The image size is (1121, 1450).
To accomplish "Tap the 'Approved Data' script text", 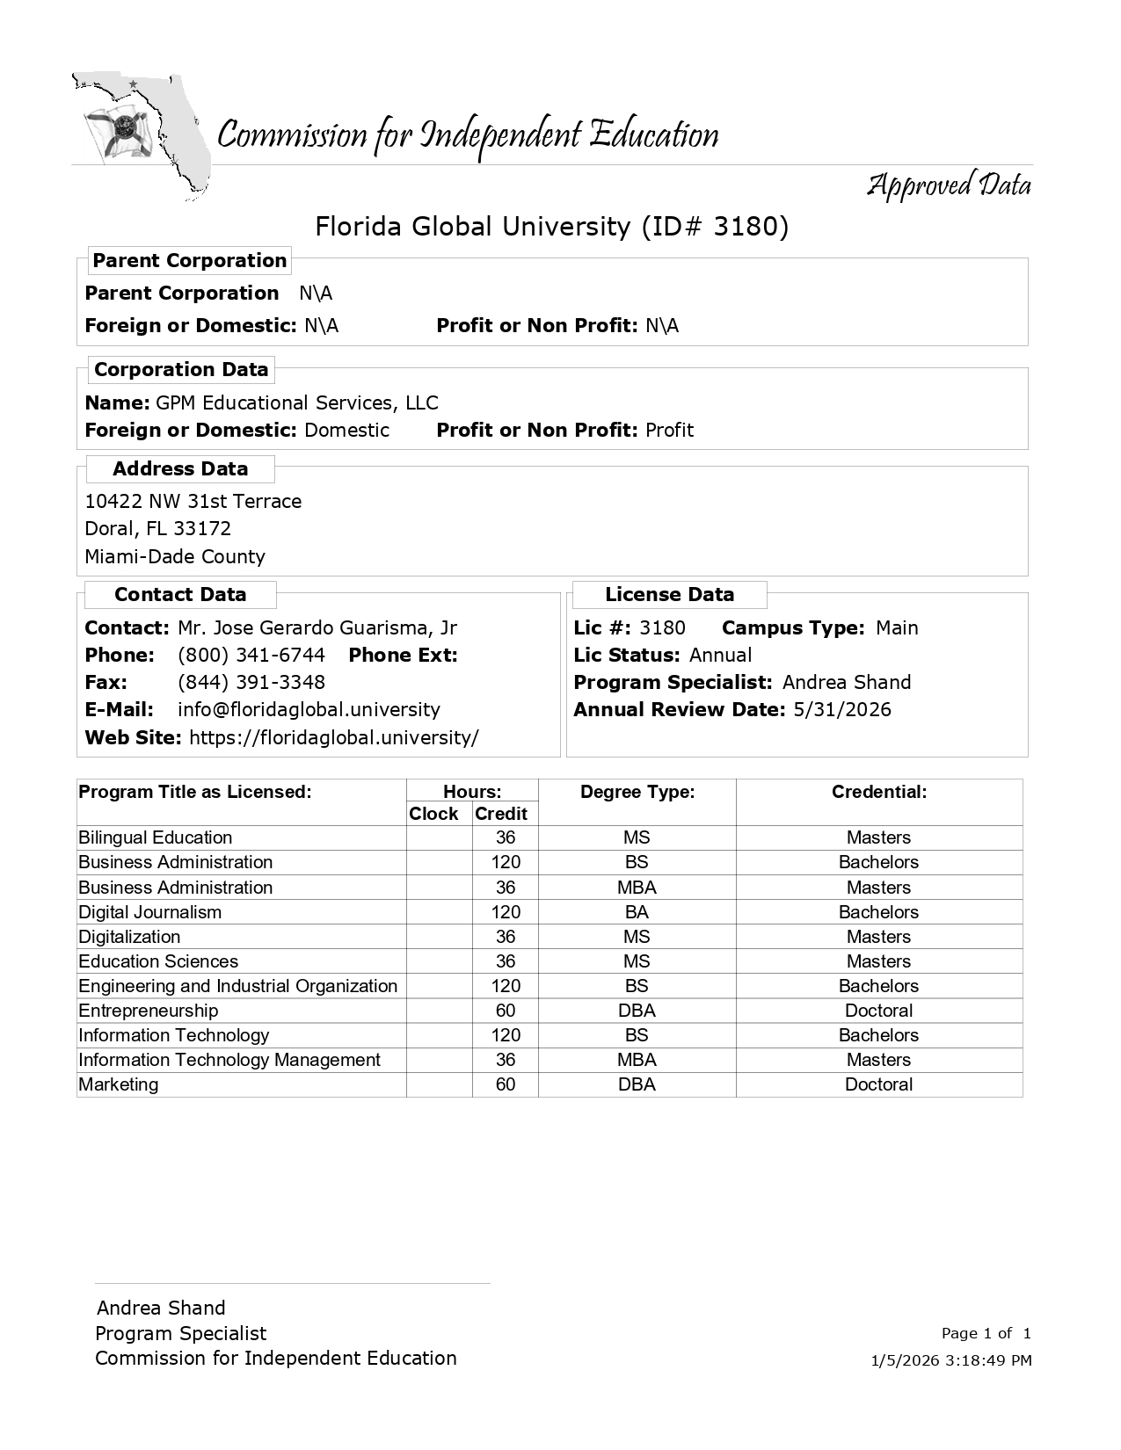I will [x=949, y=185].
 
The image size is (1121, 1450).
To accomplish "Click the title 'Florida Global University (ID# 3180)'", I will [x=552, y=227].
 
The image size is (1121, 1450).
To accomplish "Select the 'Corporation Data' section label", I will [x=181, y=370].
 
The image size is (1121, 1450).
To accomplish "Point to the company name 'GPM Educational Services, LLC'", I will [x=296, y=403].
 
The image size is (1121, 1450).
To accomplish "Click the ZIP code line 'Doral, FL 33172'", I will [x=158, y=529].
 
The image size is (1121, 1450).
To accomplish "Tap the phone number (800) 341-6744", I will [x=251, y=656].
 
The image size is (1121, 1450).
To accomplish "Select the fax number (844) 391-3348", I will [x=251, y=683].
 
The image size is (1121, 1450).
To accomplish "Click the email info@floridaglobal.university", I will [x=309, y=710].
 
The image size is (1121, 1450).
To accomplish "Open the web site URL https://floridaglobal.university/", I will [x=334, y=738].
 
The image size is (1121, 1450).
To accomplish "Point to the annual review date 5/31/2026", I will [x=841, y=710].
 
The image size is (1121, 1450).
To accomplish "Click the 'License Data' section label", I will [x=669, y=595].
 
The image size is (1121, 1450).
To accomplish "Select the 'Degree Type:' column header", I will [x=637, y=793].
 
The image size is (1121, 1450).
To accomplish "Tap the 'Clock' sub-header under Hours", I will [x=433, y=815].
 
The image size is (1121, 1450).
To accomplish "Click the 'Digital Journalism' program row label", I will [x=150, y=912].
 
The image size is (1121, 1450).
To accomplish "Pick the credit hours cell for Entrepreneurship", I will [x=506, y=1011].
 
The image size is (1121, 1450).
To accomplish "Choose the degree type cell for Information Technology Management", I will [x=637, y=1060].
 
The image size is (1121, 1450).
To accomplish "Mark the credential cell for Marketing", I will [x=878, y=1084].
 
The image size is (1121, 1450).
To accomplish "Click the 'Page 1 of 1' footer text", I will [x=986, y=1333].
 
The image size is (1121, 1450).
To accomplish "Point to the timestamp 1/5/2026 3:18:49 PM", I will [x=950, y=1360].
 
